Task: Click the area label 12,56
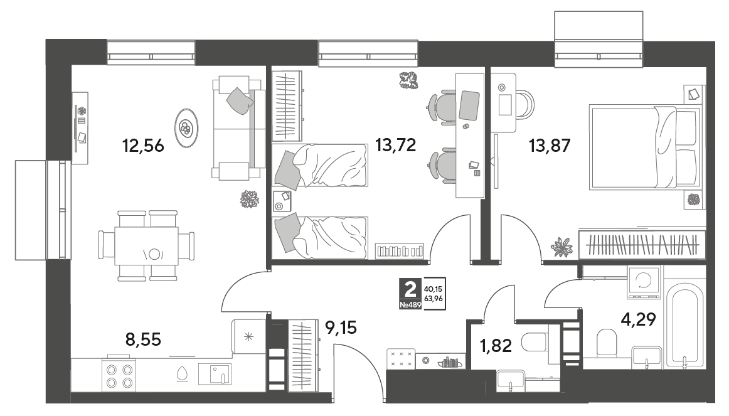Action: coord(143,146)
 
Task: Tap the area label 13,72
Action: coord(396,146)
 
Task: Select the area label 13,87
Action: coord(550,146)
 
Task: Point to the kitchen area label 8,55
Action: coord(143,340)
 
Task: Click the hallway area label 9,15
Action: coord(341,328)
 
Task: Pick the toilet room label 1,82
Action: coord(496,346)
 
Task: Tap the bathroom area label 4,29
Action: coord(638,319)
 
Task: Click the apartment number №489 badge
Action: coord(410,305)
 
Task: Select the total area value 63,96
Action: coord(434,299)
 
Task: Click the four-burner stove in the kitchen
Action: coord(119,376)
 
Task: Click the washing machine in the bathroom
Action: coord(644,282)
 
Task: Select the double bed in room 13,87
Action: coord(645,147)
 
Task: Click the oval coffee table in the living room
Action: coord(186,128)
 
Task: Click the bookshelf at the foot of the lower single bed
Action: coord(400,252)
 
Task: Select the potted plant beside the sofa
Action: coord(249,199)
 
